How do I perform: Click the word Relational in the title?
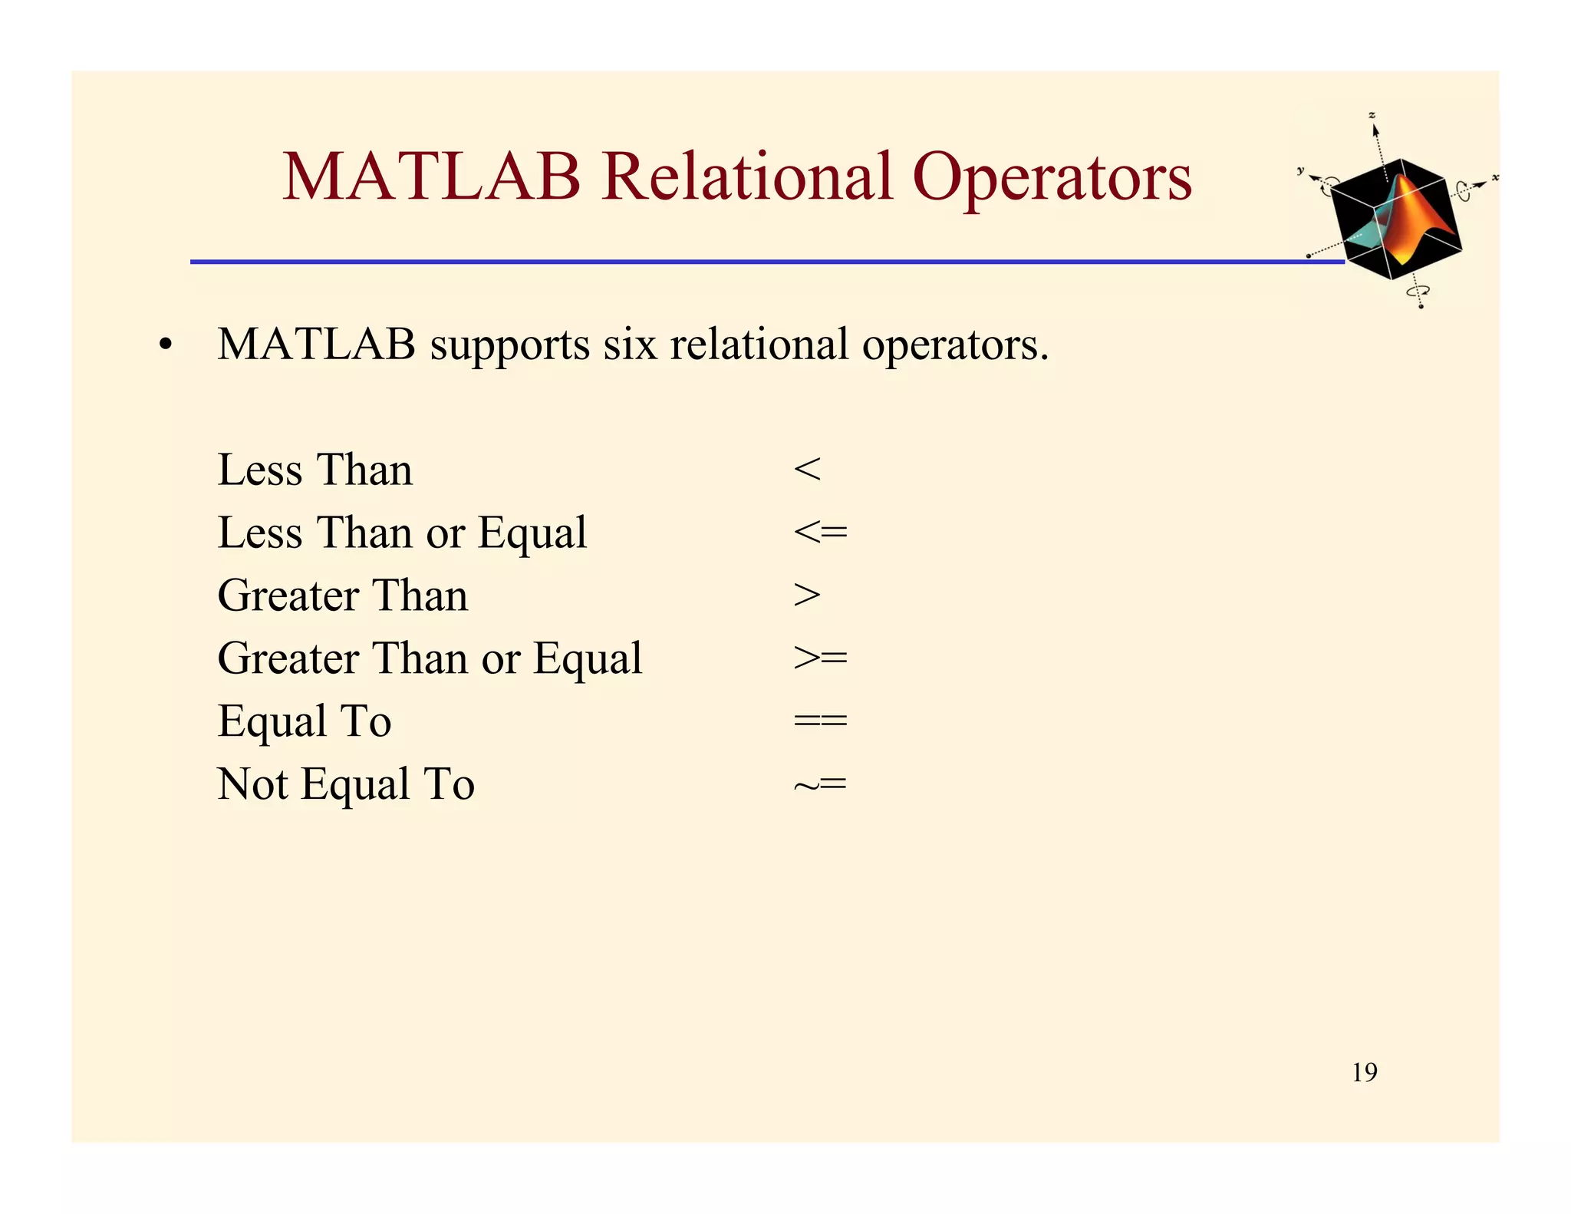pos(748,177)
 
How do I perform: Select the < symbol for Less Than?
pos(807,469)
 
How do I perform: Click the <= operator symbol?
pos(820,532)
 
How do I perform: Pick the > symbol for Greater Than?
pos(807,595)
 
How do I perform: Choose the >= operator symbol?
pos(820,658)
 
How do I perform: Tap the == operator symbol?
pos(820,721)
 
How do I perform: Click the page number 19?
pos(1364,1072)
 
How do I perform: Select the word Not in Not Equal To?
pos(252,784)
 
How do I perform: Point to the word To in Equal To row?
pos(367,721)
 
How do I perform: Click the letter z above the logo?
pos(1372,115)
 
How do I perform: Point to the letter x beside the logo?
pos(1494,178)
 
